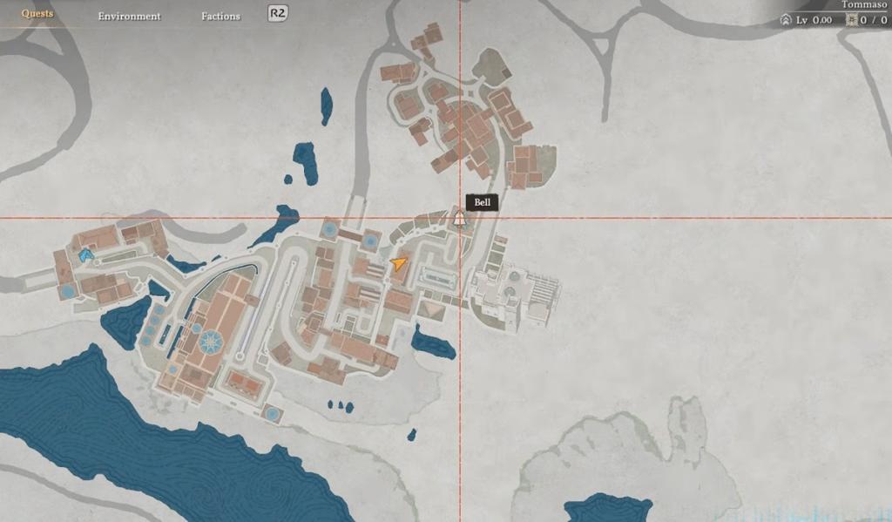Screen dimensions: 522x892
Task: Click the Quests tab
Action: [37, 14]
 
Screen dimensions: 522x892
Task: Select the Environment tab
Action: [129, 16]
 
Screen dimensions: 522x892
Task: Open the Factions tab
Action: [220, 16]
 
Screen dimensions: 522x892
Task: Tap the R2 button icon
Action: [278, 13]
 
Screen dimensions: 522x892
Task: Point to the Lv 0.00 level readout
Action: [814, 19]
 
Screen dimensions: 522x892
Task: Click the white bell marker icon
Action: [459, 216]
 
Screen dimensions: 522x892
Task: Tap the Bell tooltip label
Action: [483, 202]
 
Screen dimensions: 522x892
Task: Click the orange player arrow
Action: [399, 262]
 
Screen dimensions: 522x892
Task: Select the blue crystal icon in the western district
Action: [85, 255]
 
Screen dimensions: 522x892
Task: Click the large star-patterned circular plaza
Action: [210, 342]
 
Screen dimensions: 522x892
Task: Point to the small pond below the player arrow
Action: [433, 342]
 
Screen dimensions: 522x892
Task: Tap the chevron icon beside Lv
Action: [786, 19]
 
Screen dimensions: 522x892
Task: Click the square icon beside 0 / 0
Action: [851, 19]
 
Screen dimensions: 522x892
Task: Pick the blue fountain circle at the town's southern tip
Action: [272, 412]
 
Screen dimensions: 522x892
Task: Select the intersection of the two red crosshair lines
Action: [460, 217]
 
